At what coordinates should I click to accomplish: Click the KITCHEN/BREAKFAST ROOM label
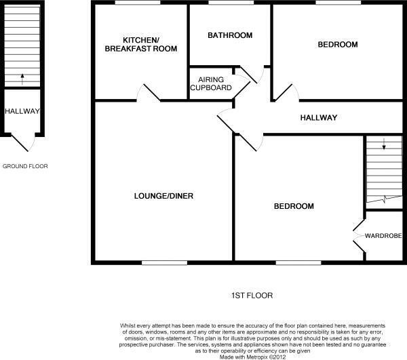[x=140, y=43]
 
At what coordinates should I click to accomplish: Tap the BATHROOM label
[x=230, y=35]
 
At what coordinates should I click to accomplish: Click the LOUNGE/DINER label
[x=163, y=196]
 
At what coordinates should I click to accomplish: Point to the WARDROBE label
[x=383, y=236]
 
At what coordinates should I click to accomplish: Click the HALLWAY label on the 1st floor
[x=318, y=118]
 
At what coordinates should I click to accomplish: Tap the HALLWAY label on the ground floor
[x=22, y=111]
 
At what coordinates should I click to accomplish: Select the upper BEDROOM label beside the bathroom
[x=337, y=45]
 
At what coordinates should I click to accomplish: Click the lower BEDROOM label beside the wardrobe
[x=294, y=206]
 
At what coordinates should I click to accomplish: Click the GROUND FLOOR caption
[x=25, y=166]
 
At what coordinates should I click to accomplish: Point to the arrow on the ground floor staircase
[x=22, y=78]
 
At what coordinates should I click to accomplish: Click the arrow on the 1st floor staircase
[x=384, y=144]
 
